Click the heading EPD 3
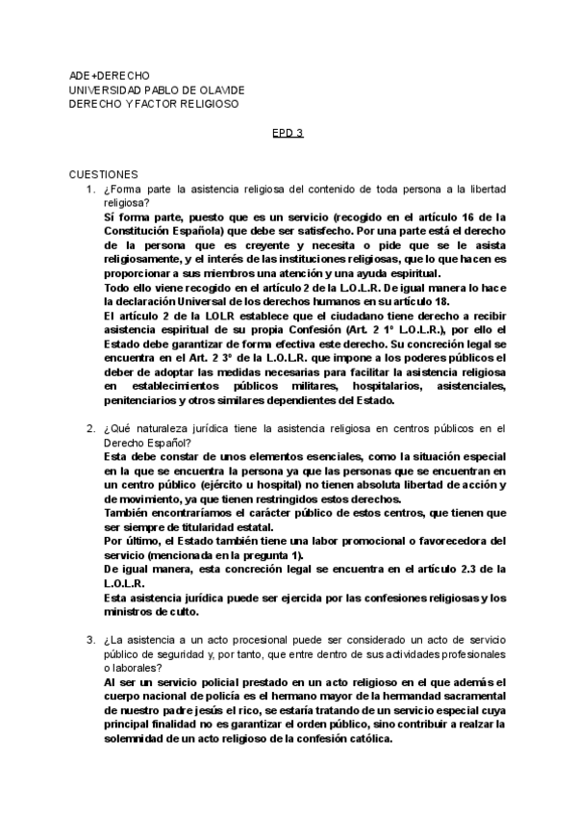click(288, 133)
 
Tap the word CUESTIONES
click(104, 174)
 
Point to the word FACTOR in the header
click(164, 104)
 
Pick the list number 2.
click(89, 428)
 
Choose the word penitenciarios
click(142, 400)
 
